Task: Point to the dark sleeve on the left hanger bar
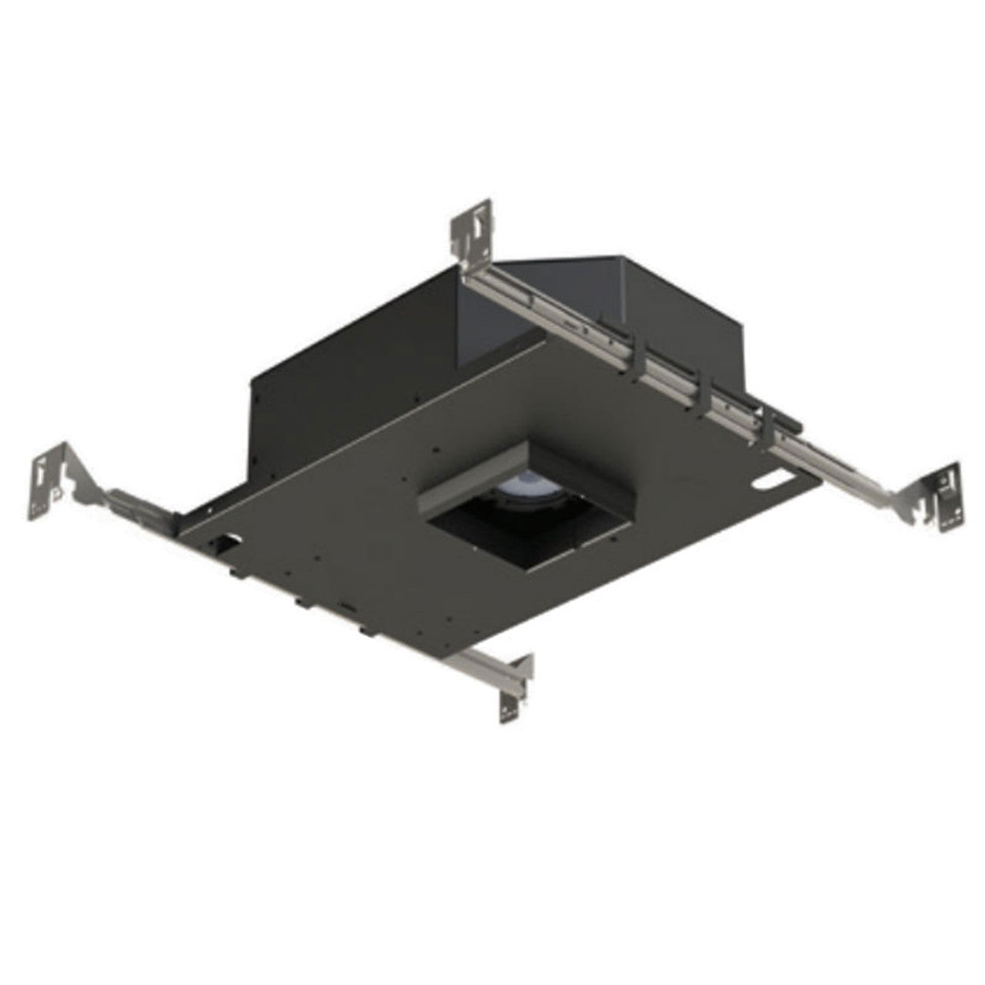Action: click(x=135, y=508)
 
